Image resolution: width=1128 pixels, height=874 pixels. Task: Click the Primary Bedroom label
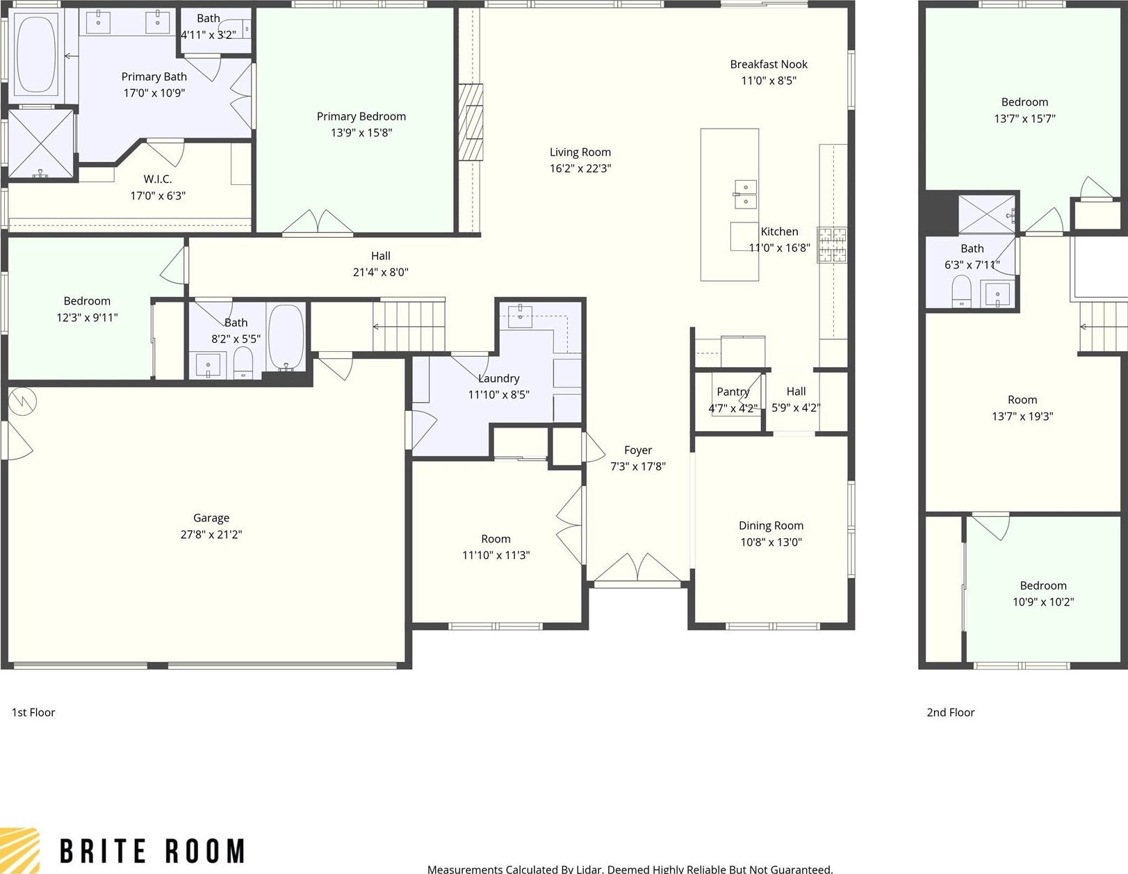point(361,116)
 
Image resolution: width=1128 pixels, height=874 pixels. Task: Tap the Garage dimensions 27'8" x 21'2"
point(211,535)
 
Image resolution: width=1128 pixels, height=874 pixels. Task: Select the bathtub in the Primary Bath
point(36,54)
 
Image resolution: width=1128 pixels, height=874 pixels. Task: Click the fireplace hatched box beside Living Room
point(471,122)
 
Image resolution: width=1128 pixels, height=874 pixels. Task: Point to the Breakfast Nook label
point(769,65)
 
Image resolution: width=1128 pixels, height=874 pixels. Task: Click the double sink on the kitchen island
point(746,194)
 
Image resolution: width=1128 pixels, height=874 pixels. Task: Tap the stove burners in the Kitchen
point(832,244)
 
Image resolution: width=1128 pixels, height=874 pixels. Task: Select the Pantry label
point(733,391)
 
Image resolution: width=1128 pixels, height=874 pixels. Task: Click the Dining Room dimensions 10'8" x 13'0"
point(771,542)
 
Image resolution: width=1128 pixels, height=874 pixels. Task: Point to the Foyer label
point(638,451)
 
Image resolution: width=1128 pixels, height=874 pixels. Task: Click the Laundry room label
point(499,378)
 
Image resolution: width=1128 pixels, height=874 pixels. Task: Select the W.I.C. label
point(158,179)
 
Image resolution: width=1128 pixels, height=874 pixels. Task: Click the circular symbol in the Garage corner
point(22,400)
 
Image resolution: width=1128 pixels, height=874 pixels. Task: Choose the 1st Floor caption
point(33,713)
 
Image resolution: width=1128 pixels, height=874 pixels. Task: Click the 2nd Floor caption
point(951,713)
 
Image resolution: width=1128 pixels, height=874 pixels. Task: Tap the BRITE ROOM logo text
point(152,851)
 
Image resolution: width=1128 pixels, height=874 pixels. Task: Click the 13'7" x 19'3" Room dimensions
point(1022,416)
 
